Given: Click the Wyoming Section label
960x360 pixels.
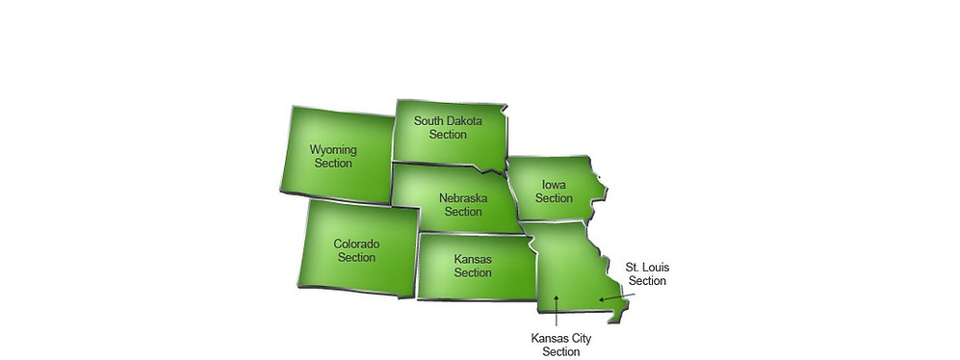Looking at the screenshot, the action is [x=332, y=156].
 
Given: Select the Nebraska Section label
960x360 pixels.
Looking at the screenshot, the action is [x=462, y=205].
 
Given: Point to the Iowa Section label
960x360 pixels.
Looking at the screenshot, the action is [x=554, y=192].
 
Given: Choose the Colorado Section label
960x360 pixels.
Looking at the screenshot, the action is [x=356, y=250].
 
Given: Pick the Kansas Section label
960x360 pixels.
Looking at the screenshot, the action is [x=473, y=266].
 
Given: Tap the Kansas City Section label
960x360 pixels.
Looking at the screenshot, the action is [x=561, y=345].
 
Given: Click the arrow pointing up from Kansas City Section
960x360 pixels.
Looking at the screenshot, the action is [x=556, y=312].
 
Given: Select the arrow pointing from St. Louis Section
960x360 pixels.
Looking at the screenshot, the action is [x=616, y=297].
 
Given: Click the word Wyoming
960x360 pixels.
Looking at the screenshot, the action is [x=332, y=150].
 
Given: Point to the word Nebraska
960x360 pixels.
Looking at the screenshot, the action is [x=462, y=198].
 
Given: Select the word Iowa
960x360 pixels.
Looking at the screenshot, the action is [x=554, y=185].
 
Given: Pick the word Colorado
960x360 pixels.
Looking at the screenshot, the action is [x=356, y=244].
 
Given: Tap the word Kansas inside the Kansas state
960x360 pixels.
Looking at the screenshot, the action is [x=473, y=259].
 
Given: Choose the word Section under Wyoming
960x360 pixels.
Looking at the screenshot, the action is [x=332, y=164].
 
